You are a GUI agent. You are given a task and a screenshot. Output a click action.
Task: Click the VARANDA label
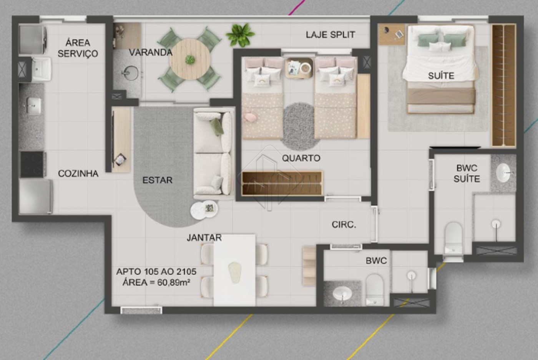(x=151, y=52)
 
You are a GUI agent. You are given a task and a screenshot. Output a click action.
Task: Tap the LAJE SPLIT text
(x=330, y=35)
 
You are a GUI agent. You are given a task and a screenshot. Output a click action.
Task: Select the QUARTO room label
(x=301, y=158)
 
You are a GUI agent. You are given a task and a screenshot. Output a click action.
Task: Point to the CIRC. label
(x=344, y=224)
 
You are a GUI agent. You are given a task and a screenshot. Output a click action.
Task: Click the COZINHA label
(x=78, y=173)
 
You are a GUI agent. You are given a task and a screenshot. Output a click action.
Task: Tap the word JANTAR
(x=204, y=237)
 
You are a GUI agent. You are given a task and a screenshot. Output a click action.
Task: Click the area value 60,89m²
(x=174, y=282)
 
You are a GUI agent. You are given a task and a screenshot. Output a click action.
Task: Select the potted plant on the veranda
(x=240, y=35)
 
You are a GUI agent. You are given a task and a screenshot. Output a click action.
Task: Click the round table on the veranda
(x=190, y=59)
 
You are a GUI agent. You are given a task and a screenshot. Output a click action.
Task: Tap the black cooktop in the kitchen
(x=32, y=164)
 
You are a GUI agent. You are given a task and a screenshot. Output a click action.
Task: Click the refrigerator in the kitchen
(x=35, y=197)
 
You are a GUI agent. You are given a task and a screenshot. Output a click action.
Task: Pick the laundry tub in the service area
(x=42, y=69)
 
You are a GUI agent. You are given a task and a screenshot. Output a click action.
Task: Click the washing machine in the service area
(x=32, y=40)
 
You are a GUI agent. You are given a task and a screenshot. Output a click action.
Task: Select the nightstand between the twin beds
(x=299, y=68)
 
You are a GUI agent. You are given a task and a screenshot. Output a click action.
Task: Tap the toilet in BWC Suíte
(x=453, y=238)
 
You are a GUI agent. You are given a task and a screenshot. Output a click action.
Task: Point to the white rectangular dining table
(x=234, y=270)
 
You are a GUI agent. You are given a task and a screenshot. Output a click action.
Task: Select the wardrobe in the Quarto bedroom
(x=282, y=184)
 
